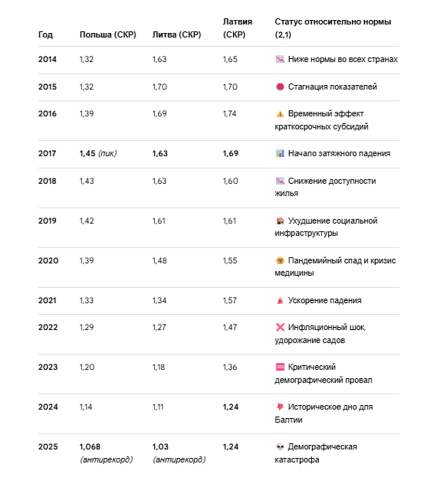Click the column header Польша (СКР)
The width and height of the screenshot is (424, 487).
click(x=108, y=35)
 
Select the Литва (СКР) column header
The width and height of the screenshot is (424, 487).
click(x=177, y=35)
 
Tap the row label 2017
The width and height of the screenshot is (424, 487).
click(x=47, y=154)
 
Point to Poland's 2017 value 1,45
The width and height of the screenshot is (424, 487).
click(x=87, y=154)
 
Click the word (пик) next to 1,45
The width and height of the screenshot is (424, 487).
click(x=107, y=154)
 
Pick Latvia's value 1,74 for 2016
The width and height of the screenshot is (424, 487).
click(x=229, y=114)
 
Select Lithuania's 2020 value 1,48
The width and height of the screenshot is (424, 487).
click(x=159, y=260)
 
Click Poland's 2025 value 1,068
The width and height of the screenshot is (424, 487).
click(x=90, y=447)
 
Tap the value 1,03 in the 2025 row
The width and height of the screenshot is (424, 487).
click(x=160, y=447)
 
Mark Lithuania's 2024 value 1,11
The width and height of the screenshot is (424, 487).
click(x=158, y=407)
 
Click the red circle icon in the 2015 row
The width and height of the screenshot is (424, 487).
click(x=280, y=87)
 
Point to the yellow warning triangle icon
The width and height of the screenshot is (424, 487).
click(x=280, y=114)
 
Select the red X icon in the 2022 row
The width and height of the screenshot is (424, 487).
click(x=280, y=327)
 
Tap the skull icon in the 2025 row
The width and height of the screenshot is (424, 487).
click(x=280, y=447)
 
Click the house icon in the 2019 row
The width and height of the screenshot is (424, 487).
click(x=280, y=221)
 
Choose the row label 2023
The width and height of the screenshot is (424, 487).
click(x=48, y=367)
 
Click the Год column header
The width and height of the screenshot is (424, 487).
click(x=45, y=35)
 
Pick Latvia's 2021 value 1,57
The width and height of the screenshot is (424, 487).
click(x=229, y=300)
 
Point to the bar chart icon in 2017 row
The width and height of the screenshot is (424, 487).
click(x=280, y=154)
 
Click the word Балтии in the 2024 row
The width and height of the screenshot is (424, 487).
click(x=289, y=420)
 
